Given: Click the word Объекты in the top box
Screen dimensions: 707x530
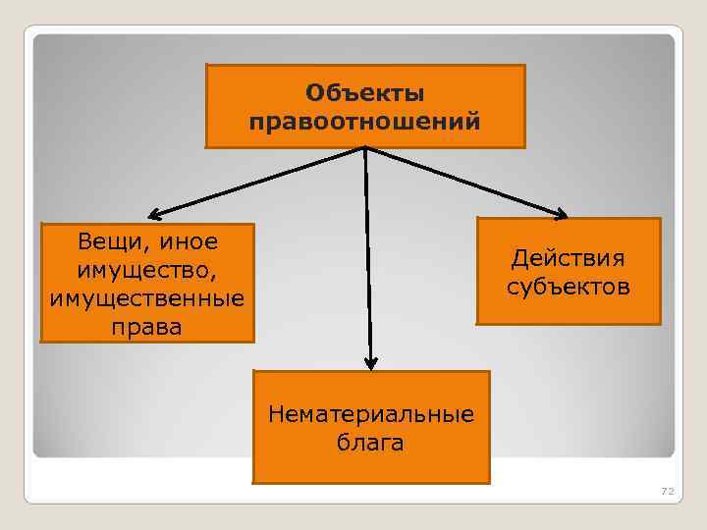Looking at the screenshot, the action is [x=364, y=93].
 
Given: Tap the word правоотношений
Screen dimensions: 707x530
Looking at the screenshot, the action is [x=364, y=123].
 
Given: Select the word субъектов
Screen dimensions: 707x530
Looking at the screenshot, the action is [x=568, y=288].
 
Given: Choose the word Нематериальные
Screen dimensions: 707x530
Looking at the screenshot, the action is [x=371, y=414].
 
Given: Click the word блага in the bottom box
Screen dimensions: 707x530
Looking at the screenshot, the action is [x=371, y=443].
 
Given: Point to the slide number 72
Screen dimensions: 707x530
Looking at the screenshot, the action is [x=669, y=490].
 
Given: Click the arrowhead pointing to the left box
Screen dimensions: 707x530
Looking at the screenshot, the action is [x=155, y=213].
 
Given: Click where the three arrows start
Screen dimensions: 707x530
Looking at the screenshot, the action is [x=364, y=149].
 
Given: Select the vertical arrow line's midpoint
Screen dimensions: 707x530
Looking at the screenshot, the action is [x=367, y=257].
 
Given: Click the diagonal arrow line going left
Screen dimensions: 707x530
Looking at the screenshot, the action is [x=260, y=181].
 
